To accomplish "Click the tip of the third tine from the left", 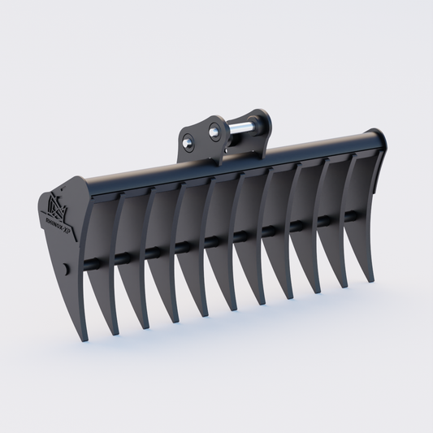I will (x=145, y=327).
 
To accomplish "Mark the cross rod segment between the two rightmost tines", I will (x=350, y=215).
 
